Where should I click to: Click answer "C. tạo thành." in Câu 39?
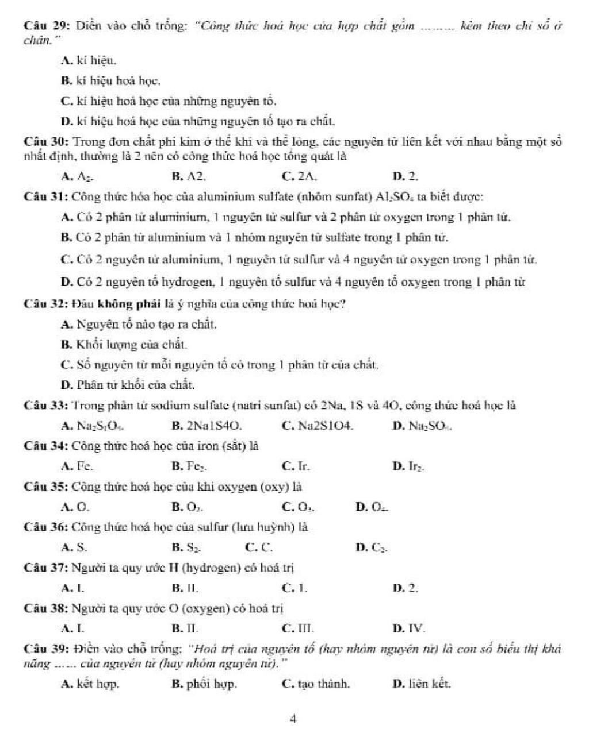(x=316, y=684)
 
